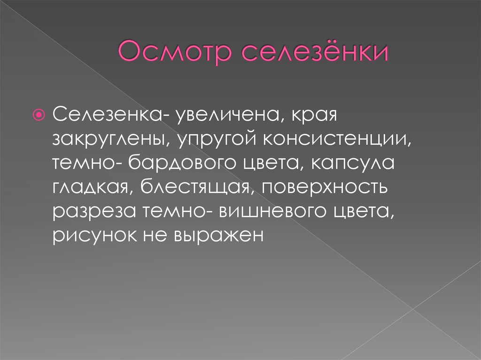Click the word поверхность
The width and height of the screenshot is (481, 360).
(325, 187)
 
